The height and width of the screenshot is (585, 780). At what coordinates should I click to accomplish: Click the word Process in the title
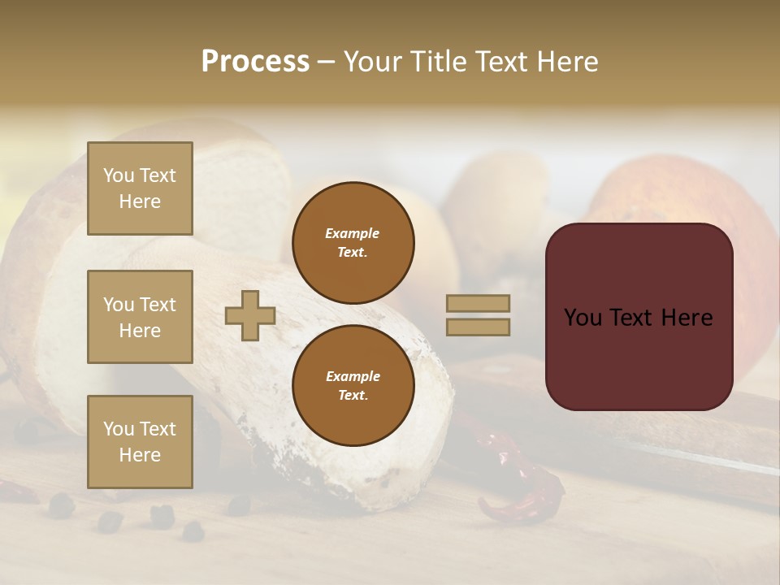[x=255, y=62]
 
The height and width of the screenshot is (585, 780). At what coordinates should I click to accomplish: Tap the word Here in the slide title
[x=564, y=62]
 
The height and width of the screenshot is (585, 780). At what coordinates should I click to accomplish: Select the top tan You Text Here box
[x=140, y=188]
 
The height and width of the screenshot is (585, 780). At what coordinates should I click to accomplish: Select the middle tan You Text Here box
[x=140, y=317]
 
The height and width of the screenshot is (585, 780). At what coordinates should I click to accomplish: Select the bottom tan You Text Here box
[x=140, y=442]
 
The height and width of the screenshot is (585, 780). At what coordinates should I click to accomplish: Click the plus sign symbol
[x=250, y=315]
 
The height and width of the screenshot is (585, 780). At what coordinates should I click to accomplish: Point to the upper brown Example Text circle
[x=353, y=243]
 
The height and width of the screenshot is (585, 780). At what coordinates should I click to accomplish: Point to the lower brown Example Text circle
[x=353, y=386]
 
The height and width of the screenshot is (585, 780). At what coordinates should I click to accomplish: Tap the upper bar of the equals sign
[x=478, y=303]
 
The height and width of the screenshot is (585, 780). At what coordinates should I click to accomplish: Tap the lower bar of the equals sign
[x=478, y=327]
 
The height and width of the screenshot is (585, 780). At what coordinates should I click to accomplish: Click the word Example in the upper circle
[x=353, y=233]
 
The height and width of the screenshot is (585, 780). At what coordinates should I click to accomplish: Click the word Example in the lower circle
[x=353, y=376]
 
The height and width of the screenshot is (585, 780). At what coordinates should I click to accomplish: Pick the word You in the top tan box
[x=119, y=175]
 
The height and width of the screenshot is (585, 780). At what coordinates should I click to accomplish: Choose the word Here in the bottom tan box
[x=140, y=455]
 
